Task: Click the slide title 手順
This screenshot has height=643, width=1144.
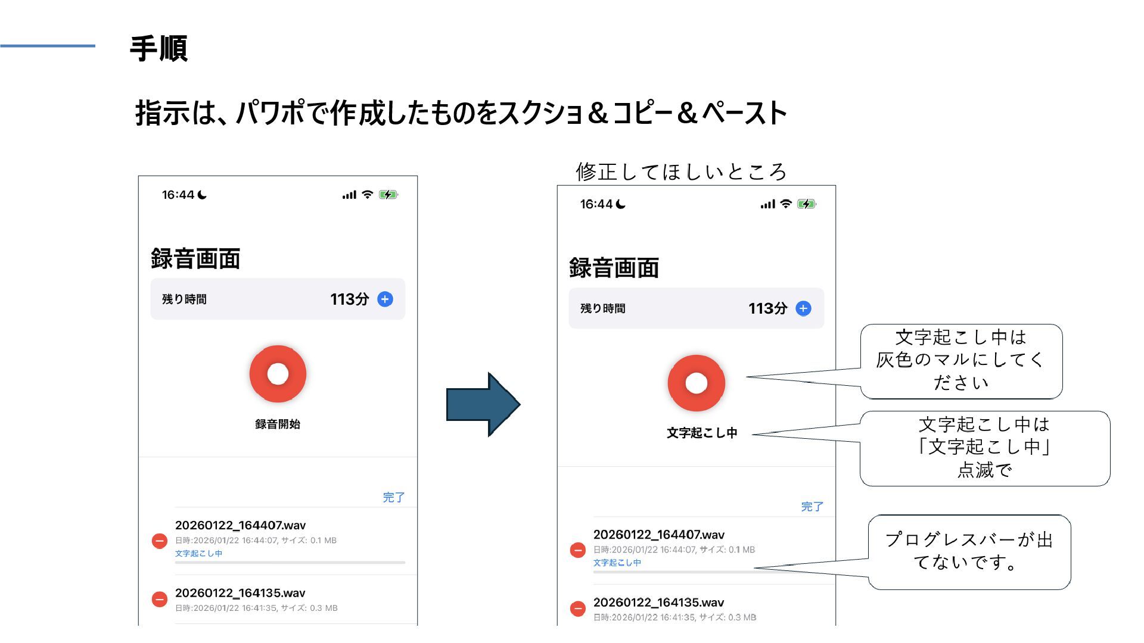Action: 158,49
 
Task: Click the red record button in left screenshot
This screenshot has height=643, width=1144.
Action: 278,374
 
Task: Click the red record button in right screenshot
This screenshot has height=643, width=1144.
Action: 696,383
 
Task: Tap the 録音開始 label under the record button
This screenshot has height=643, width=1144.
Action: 278,424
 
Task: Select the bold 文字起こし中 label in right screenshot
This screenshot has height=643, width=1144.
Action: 702,433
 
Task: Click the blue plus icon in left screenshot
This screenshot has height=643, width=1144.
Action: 386,299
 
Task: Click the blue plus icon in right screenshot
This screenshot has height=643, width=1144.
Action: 804,308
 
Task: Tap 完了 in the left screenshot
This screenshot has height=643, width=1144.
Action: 393,497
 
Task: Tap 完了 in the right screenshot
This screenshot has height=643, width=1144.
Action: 812,507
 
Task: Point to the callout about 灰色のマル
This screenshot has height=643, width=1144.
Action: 960,360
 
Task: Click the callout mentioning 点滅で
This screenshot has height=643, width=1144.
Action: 984,448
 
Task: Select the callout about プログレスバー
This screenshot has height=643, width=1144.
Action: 969,551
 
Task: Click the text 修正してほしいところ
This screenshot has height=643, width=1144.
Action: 681,172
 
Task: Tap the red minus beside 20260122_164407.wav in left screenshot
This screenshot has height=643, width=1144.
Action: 160,541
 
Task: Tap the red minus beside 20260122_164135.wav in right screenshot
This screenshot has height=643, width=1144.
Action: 578,608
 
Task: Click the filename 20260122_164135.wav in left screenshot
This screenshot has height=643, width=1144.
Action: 240,593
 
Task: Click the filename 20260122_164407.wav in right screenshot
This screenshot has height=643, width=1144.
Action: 659,535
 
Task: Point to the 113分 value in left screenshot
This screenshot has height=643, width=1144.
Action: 349,299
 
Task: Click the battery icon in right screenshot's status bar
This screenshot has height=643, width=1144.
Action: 806,204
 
